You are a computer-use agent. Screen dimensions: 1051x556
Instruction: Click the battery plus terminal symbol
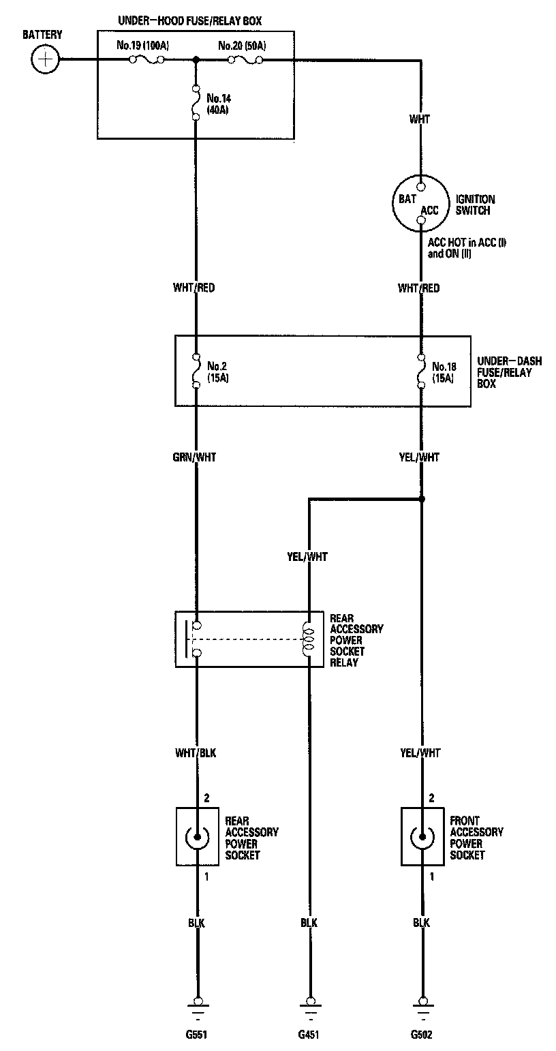(46, 59)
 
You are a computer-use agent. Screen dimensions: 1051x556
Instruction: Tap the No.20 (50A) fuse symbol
(245, 60)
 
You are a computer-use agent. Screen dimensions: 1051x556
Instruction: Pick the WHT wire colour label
(420, 119)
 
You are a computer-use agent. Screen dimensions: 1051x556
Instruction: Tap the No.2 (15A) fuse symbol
(196, 371)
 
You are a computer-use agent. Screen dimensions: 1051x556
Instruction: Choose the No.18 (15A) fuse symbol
(422, 371)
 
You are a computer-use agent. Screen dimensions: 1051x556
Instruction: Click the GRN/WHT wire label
(196, 457)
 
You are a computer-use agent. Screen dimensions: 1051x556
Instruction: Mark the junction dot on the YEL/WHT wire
(422, 500)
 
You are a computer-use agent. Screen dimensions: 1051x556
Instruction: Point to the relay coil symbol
(310, 639)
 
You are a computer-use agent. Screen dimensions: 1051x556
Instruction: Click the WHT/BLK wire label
(196, 753)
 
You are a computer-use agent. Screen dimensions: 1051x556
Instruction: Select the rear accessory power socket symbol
(198, 836)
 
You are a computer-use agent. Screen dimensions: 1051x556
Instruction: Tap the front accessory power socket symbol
(422, 836)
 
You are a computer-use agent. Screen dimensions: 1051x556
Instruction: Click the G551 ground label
(196, 1034)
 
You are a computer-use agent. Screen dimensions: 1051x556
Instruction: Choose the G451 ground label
(309, 1034)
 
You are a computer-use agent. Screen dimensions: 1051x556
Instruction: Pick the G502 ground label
(422, 1034)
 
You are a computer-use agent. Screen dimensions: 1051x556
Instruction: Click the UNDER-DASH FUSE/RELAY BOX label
(505, 372)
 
